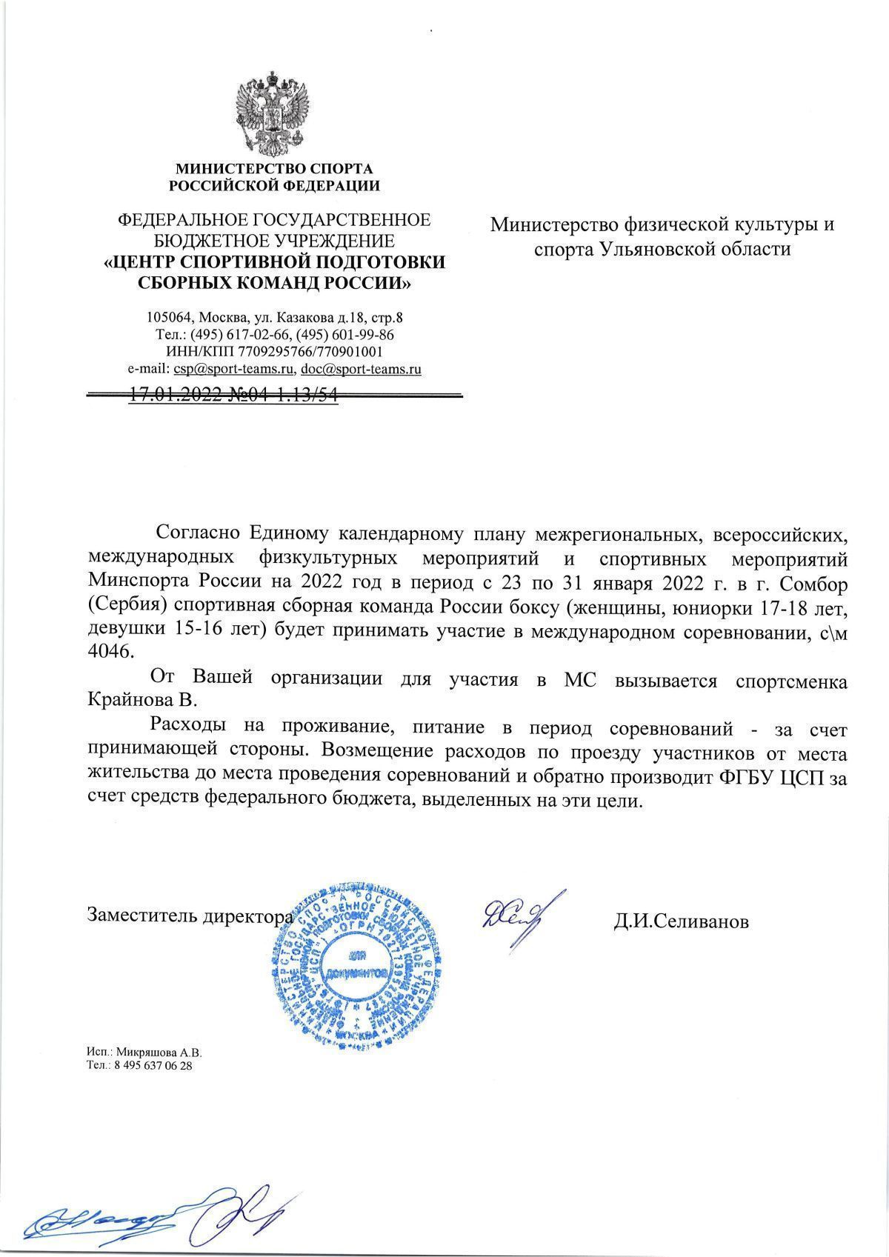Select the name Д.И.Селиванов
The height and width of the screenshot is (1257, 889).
click(x=680, y=921)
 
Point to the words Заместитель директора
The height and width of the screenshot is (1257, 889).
click(x=190, y=916)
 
